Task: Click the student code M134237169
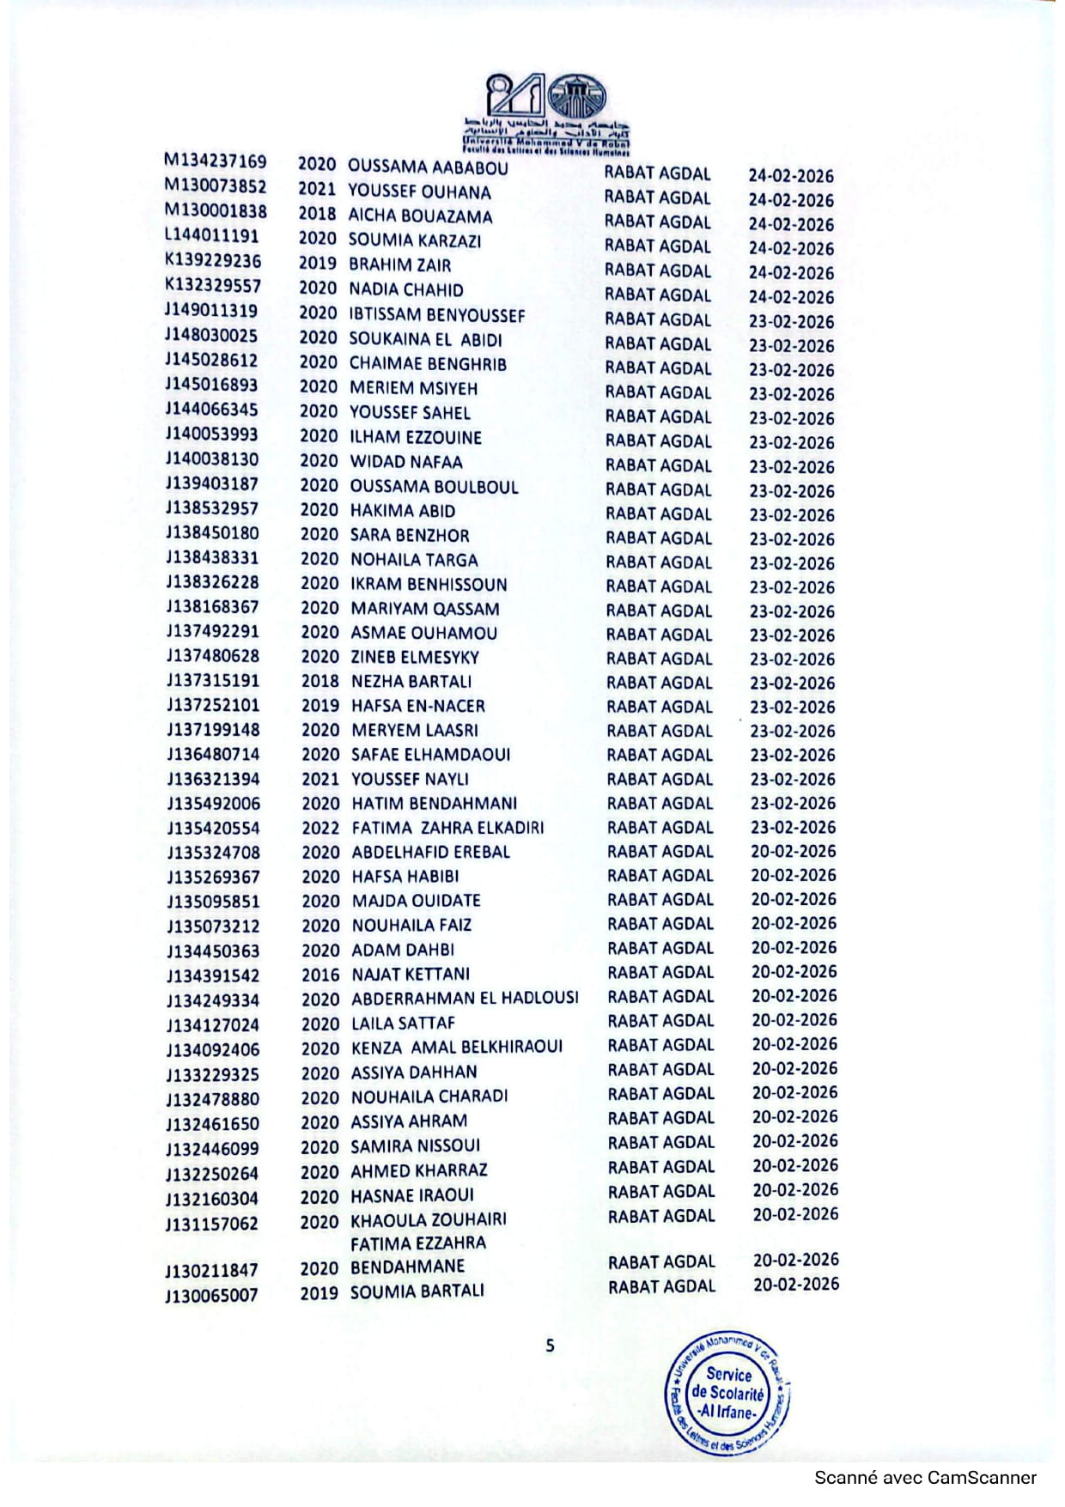point(216,161)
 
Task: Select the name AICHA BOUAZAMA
point(420,216)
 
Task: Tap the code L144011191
point(211,236)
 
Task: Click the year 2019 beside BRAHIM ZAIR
point(318,264)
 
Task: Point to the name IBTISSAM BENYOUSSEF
point(436,315)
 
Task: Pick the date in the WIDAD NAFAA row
point(791,467)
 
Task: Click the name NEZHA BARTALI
point(411,682)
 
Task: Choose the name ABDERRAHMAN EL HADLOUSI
point(465,999)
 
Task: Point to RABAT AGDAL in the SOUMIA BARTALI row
point(661,1286)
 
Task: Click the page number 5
point(551,1346)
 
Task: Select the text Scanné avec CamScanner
point(925,1478)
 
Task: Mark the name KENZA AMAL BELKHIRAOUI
point(457,1048)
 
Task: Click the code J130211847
point(212,1271)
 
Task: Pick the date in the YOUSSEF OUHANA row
point(791,200)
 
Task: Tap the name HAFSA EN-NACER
point(418,706)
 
